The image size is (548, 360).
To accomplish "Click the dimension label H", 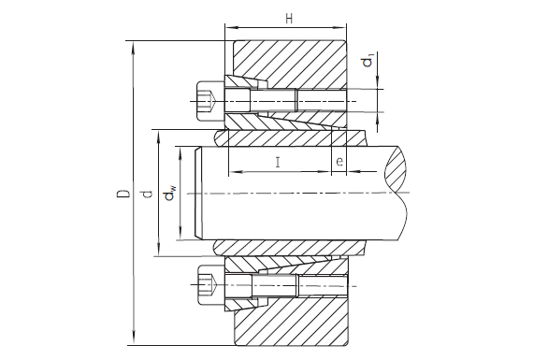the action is point(289,19).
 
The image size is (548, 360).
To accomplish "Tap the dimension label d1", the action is point(368,60).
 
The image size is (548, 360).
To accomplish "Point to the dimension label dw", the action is point(170,194).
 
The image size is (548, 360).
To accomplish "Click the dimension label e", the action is point(339,162).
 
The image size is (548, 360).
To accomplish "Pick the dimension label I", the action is point(278,162).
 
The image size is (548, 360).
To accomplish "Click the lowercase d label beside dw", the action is point(149,194).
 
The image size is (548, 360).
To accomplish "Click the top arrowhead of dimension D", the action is point(133,48).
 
